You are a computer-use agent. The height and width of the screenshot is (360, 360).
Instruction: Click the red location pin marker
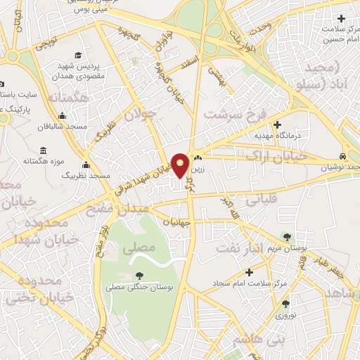click(x=181, y=165)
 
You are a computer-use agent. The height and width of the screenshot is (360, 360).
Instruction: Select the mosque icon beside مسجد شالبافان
click(x=63, y=116)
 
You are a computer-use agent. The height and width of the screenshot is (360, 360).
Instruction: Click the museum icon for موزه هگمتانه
click(x=44, y=151)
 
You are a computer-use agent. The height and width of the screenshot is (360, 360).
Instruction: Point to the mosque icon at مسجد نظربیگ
click(x=86, y=165)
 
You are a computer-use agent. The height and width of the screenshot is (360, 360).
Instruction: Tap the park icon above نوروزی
click(x=285, y=304)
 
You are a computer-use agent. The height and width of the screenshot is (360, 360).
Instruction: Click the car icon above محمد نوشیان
click(x=342, y=156)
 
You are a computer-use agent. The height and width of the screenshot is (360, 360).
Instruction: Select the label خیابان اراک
click(x=281, y=157)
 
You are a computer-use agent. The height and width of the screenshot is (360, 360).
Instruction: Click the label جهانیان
click(x=176, y=222)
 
